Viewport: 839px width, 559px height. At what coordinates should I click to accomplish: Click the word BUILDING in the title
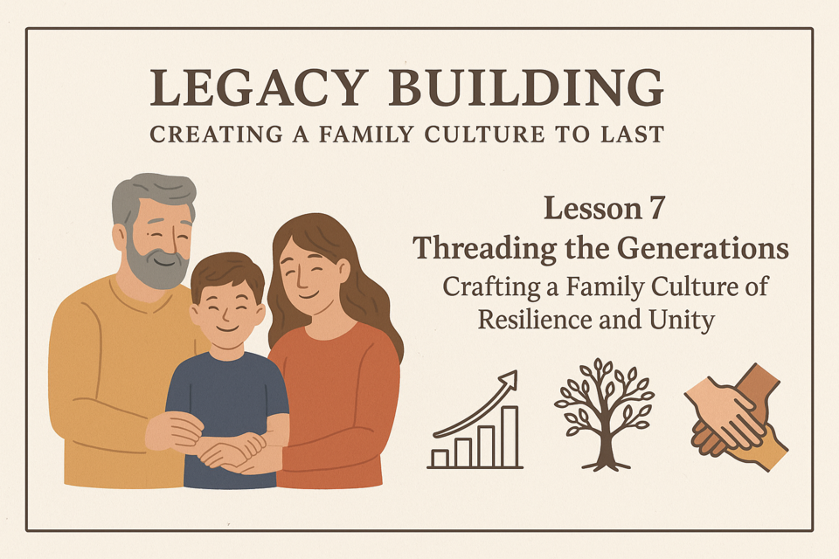click(x=526, y=87)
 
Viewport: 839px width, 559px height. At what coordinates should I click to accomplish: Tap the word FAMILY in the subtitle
click(x=366, y=135)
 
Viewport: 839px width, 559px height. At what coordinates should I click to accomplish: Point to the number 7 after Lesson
click(x=656, y=209)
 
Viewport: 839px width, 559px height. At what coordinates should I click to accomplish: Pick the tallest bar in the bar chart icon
click(x=510, y=437)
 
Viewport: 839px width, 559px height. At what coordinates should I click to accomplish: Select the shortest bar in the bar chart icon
click(x=440, y=459)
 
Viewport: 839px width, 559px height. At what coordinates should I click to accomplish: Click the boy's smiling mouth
click(x=227, y=328)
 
